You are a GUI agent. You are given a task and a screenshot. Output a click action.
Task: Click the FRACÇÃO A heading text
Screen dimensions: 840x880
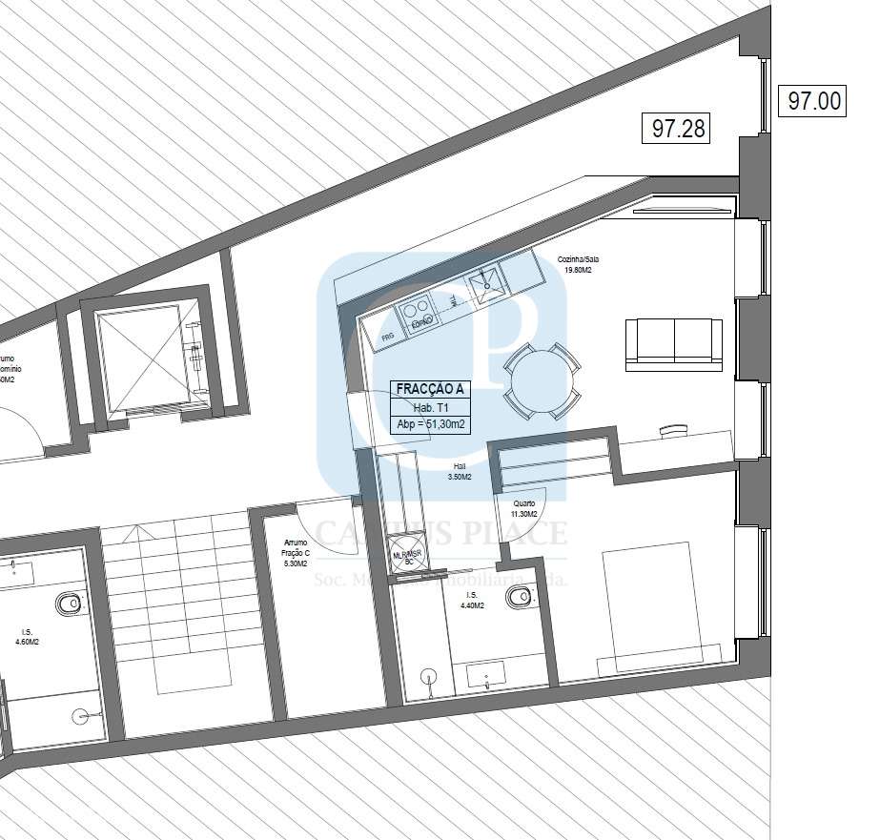click(431, 389)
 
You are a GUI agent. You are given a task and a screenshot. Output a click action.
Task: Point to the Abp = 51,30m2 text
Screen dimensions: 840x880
click(431, 425)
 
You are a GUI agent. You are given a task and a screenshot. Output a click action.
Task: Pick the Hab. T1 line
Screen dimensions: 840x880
click(431, 407)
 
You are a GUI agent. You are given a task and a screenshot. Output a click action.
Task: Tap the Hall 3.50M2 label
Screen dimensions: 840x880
click(460, 471)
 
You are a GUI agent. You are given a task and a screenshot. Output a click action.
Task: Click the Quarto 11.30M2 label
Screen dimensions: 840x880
click(525, 509)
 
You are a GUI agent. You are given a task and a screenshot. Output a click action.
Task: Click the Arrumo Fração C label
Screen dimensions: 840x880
click(296, 553)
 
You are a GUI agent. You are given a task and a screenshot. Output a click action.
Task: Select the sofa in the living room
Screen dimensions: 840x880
click(673, 344)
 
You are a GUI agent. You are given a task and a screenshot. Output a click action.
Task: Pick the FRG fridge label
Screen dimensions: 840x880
click(387, 337)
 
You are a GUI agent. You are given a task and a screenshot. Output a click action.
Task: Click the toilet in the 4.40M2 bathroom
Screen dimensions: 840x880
click(518, 598)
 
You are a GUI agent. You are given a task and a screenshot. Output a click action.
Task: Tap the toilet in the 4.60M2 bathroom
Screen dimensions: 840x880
click(69, 604)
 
